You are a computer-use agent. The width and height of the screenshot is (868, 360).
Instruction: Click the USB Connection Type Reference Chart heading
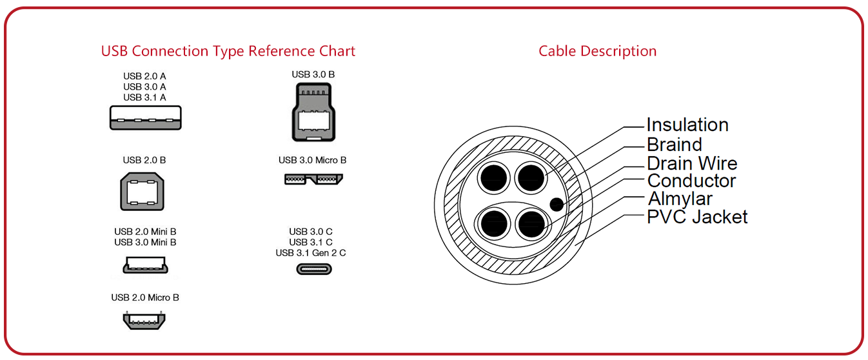coord(228,51)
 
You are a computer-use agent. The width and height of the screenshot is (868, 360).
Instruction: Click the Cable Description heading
coord(597,51)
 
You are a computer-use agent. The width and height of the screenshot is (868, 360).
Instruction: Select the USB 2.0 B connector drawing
coord(143,192)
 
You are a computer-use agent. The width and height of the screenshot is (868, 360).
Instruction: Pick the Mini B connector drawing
coord(145,265)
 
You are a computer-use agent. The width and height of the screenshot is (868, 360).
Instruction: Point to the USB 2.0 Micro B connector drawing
coord(145,320)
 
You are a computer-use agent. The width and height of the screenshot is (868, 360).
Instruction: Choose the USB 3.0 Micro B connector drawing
coord(313,178)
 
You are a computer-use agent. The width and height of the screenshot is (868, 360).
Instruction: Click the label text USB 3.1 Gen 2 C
coord(311,253)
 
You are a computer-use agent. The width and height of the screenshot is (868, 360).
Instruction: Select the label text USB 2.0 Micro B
coord(145,297)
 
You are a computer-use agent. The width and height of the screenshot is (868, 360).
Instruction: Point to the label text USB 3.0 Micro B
coord(313,160)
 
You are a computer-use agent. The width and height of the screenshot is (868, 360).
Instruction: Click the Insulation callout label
coord(687,125)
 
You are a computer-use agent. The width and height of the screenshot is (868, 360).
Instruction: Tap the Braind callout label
coord(674,145)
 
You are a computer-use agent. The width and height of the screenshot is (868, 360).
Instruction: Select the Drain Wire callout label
coord(691,163)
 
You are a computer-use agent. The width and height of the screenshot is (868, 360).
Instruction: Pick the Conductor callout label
coord(691,181)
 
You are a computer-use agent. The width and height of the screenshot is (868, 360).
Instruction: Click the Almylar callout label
coord(680,199)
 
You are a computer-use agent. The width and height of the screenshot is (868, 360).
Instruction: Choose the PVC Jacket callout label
coord(697,217)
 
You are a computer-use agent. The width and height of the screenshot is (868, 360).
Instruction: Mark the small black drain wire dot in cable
coord(557,205)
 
